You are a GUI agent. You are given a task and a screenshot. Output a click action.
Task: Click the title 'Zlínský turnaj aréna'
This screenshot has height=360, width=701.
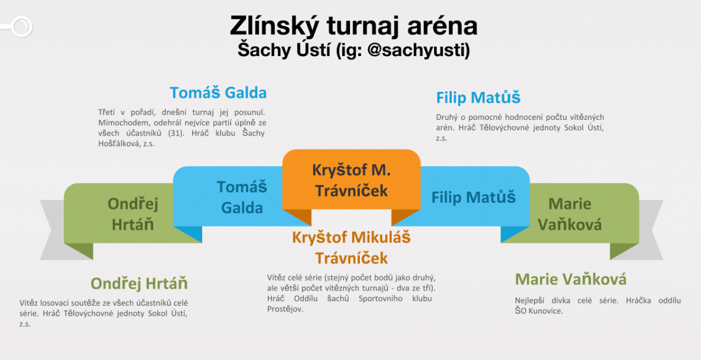click(353, 26)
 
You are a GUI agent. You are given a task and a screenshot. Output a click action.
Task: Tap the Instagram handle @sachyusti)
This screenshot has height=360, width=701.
click(419, 50)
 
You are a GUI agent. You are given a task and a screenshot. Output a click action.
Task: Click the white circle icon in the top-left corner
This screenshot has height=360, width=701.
click(22, 27)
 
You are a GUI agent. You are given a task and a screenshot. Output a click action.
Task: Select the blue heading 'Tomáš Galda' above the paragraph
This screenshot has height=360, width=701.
click(218, 93)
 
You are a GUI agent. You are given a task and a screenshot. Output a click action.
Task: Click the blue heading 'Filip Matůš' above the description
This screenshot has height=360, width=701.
click(478, 98)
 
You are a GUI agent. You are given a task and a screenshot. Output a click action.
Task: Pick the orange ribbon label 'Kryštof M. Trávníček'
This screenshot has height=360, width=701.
click(352, 181)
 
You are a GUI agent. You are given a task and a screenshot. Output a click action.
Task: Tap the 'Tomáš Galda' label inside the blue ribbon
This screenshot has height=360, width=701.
click(242, 197)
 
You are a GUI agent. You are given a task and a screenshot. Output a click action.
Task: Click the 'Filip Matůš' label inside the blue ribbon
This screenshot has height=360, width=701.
click(474, 197)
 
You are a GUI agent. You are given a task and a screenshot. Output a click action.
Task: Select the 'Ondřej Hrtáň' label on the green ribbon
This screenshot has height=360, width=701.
click(133, 214)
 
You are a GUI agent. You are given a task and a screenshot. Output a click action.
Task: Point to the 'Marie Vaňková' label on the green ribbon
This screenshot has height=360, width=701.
click(570, 214)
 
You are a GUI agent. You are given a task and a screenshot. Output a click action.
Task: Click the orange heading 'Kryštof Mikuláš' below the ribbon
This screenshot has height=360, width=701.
click(351, 237)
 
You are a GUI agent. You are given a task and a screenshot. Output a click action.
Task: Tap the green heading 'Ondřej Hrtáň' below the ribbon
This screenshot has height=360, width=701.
click(139, 283)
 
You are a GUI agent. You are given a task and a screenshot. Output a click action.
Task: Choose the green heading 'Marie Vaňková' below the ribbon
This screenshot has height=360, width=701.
click(571, 279)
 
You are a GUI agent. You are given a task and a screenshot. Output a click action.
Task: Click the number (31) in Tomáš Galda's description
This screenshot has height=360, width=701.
click(176, 133)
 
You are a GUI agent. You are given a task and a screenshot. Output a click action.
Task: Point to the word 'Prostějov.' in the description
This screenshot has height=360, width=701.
click(285, 309)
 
